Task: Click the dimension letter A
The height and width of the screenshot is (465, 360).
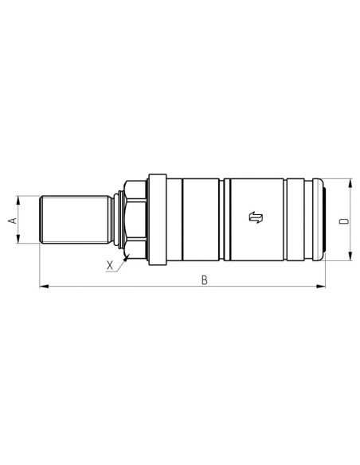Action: point(11,220)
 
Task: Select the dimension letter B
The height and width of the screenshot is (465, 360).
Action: point(205,279)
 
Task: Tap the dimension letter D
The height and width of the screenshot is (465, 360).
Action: point(343,221)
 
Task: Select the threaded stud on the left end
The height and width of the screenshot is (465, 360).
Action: point(74,220)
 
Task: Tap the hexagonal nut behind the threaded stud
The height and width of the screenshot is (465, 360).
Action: point(134,220)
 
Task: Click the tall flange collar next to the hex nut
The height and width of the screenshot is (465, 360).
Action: point(155,220)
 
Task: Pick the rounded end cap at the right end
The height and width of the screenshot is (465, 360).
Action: point(320,220)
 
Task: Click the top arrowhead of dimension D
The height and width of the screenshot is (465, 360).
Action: point(350,182)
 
